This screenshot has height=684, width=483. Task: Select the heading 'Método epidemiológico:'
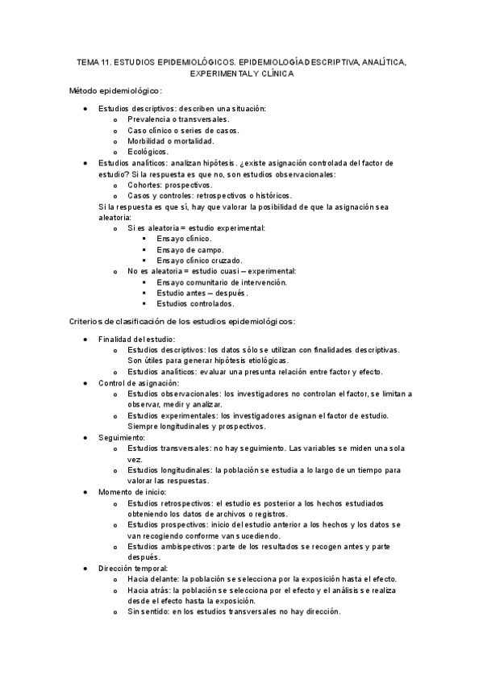coord(116,91)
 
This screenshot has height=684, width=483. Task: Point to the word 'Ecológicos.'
coord(148,151)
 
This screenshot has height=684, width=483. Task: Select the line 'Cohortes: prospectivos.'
coord(169,185)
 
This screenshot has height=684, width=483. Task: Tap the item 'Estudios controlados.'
coord(196,304)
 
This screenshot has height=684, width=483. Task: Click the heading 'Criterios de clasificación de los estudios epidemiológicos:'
coord(183,322)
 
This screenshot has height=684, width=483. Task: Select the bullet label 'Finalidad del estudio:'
coord(136,339)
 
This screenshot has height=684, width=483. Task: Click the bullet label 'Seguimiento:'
coord(121,437)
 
